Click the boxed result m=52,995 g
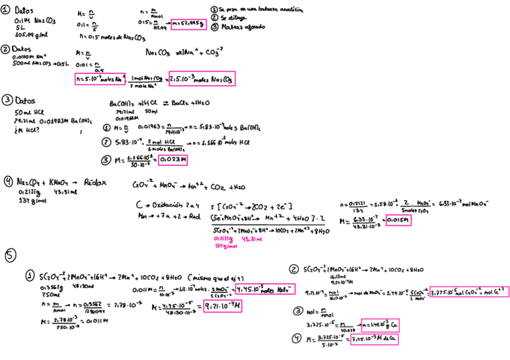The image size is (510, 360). coord(188,24)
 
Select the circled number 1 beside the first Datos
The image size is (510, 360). coord(5,10)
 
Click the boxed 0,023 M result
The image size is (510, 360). coord(173,160)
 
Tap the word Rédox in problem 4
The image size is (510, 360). coord(95,181)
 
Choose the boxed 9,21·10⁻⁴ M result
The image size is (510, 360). coord(223,307)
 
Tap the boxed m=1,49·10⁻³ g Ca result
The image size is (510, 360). coord(380,325)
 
